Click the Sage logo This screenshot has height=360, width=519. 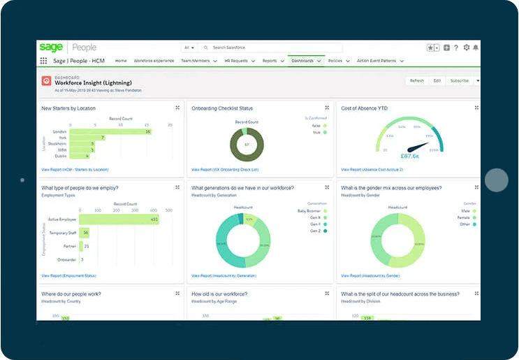point(50,47)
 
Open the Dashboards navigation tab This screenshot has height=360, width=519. point(302,61)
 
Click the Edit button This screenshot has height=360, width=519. point(437,80)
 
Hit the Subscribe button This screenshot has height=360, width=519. point(460,80)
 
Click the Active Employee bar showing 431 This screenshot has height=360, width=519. point(119,219)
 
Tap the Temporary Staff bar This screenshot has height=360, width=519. point(85,233)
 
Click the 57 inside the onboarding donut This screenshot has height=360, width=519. point(246,145)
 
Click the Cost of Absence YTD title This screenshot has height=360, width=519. point(364,108)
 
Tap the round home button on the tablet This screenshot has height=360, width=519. point(497,180)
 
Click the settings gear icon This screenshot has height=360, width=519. point(467,48)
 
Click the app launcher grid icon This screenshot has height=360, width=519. point(44,61)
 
